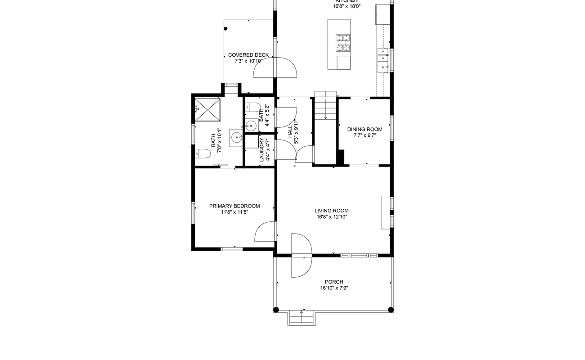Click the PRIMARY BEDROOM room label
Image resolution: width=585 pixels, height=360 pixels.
(x=234, y=206)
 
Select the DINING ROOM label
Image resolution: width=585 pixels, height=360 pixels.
(x=364, y=130)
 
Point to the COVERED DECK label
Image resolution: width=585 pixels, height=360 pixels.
(x=248, y=55)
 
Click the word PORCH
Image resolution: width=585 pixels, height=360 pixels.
(x=334, y=282)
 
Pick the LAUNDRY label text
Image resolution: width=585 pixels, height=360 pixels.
(x=262, y=150)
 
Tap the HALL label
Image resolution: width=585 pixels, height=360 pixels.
(x=290, y=131)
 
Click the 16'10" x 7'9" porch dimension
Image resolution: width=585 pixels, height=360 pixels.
(x=334, y=288)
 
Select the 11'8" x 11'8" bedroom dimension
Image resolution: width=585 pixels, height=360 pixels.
(x=234, y=212)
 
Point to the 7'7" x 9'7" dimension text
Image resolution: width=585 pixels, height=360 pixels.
(x=364, y=135)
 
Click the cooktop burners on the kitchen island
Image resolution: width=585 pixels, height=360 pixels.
(x=343, y=43)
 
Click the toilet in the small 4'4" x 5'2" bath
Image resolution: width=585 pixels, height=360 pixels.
(x=254, y=108)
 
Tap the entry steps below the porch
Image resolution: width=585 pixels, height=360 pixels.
(x=301, y=318)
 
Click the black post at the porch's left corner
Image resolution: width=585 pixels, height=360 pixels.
(x=276, y=310)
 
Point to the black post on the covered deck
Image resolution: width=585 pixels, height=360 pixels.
(x=226, y=28)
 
